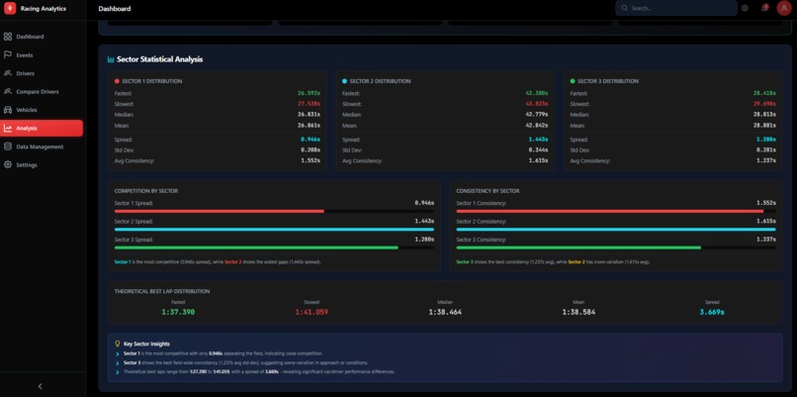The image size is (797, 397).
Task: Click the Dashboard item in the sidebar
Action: click(30, 37)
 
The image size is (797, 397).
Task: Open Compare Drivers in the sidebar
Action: click(37, 91)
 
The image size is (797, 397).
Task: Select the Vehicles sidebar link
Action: click(27, 110)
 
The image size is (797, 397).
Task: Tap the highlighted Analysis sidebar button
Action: click(42, 128)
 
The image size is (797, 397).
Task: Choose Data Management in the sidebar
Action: click(40, 147)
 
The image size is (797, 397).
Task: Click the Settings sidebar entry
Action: click(27, 164)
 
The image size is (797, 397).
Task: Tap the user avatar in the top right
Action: click(784, 8)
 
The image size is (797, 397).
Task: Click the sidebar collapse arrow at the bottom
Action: click(40, 386)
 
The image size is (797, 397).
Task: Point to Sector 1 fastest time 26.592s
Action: click(309, 93)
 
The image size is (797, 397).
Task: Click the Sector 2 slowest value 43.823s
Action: click(536, 104)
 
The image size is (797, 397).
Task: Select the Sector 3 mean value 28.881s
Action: click(764, 126)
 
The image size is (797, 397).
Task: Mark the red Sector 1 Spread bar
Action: click(220, 211)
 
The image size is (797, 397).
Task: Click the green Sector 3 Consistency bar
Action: click(578, 248)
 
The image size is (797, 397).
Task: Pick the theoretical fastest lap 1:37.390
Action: click(178, 312)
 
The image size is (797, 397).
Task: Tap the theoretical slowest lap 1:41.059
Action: click(311, 312)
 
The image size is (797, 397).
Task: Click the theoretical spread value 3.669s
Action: click(712, 312)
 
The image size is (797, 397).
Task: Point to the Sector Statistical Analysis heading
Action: click(159, 59)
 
